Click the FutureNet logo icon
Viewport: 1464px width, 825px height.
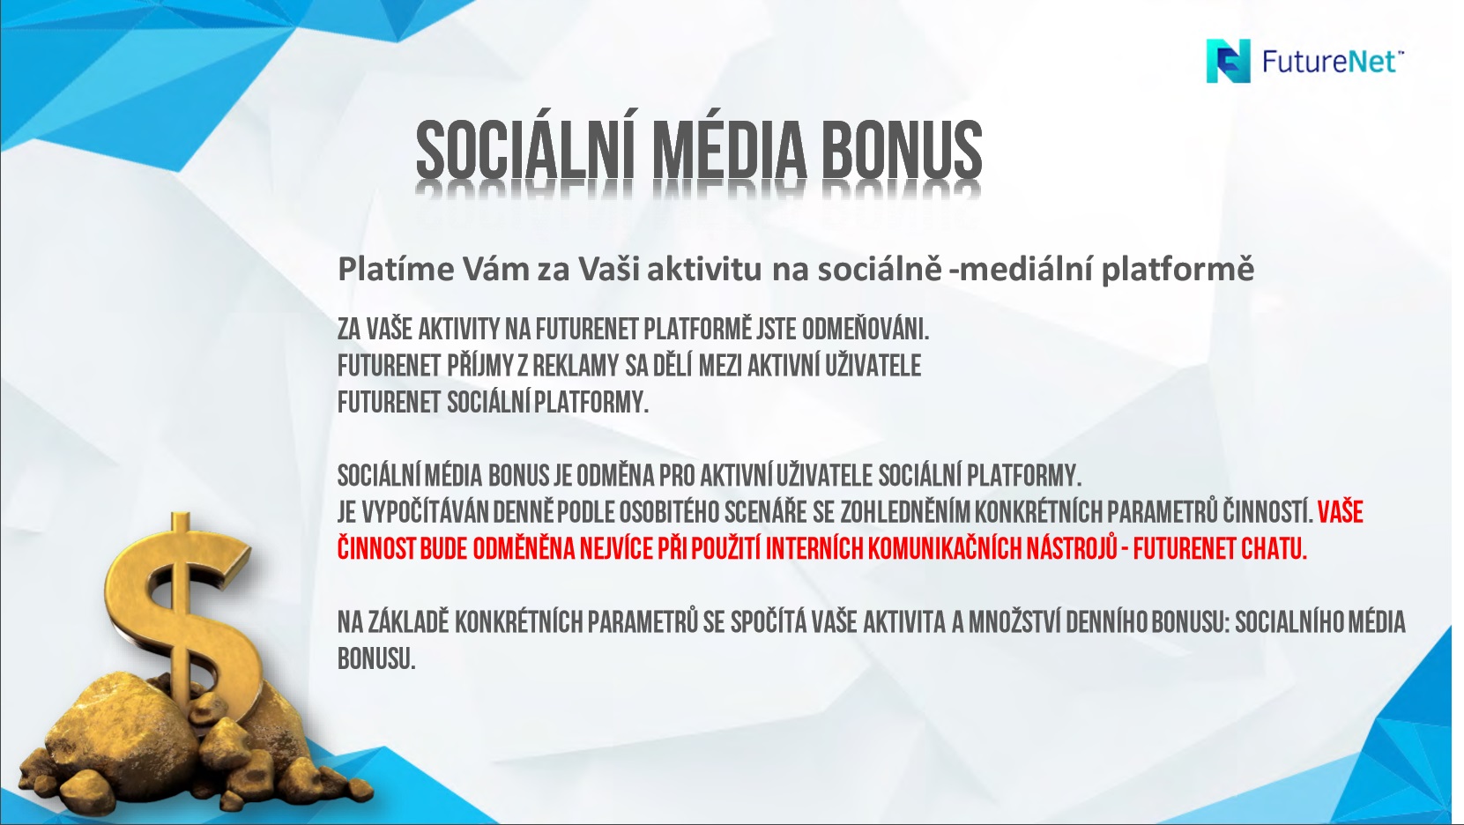pyautogui.click(x=1228, y=61)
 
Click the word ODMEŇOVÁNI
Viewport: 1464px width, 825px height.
pyautogui.click(x=866, y=329)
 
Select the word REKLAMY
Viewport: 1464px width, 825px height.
pyautogui.click(x=576, y=366)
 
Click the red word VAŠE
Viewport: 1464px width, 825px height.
pyautogui.click(x=1340, y=512)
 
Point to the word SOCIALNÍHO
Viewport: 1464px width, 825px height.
pyautogui.click(x=1285, y=622)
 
